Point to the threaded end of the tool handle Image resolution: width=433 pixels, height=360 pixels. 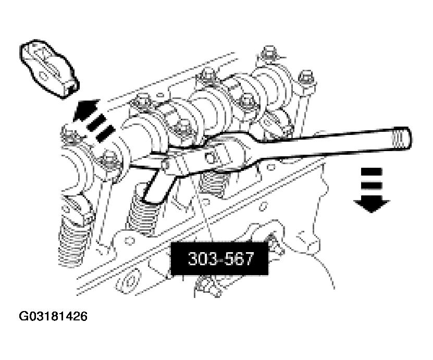(401, 139)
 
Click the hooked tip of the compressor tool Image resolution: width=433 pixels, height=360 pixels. (151, 195)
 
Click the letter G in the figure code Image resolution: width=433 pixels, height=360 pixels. (24, 316)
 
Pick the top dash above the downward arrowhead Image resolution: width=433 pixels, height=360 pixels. (373, 171)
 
